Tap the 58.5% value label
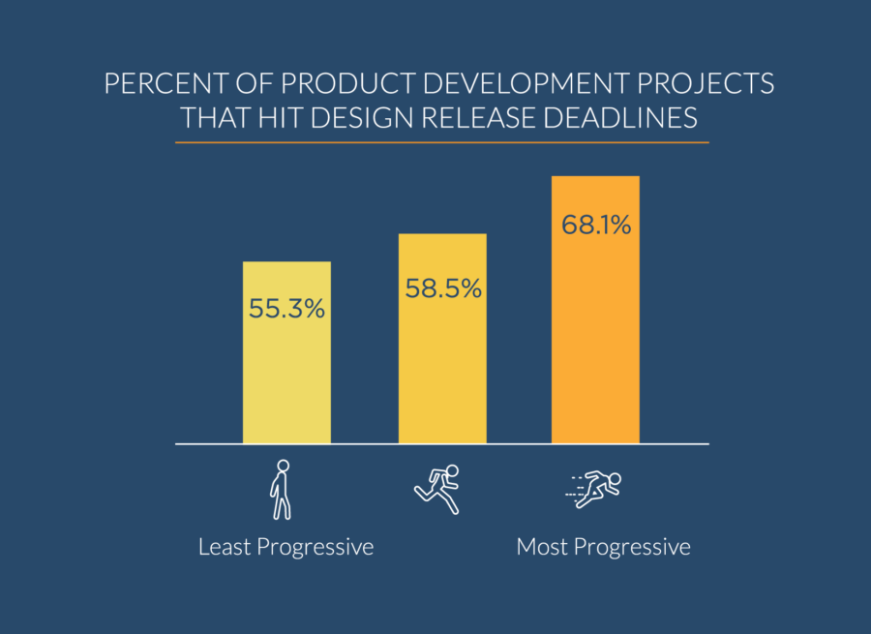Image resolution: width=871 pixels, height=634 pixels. click(442, 288)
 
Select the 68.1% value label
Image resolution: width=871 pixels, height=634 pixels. click(595, 226)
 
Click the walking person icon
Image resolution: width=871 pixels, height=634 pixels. click(280, 490)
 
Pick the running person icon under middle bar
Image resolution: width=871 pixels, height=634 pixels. click(437, 489)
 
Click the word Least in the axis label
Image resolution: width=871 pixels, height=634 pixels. click(223, 547)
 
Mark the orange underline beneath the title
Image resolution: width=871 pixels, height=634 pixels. click(441, 142)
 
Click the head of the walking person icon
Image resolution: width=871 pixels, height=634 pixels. click(283, 466)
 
